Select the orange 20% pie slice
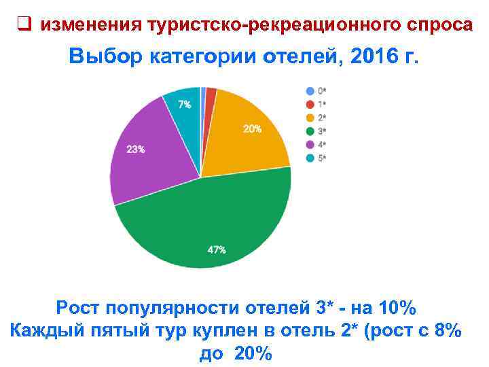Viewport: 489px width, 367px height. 244,136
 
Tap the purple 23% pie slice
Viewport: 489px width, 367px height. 146,156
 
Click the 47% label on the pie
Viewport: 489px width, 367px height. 217,249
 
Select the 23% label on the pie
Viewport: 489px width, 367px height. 136,150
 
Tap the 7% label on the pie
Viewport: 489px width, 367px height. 184,105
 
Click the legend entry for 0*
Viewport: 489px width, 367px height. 316,90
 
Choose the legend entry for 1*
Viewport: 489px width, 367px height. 316,104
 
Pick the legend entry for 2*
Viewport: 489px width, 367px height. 316,117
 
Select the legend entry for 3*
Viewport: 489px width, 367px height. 316,130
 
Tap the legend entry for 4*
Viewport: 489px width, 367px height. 316,144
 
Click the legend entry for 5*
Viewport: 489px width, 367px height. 316,158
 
